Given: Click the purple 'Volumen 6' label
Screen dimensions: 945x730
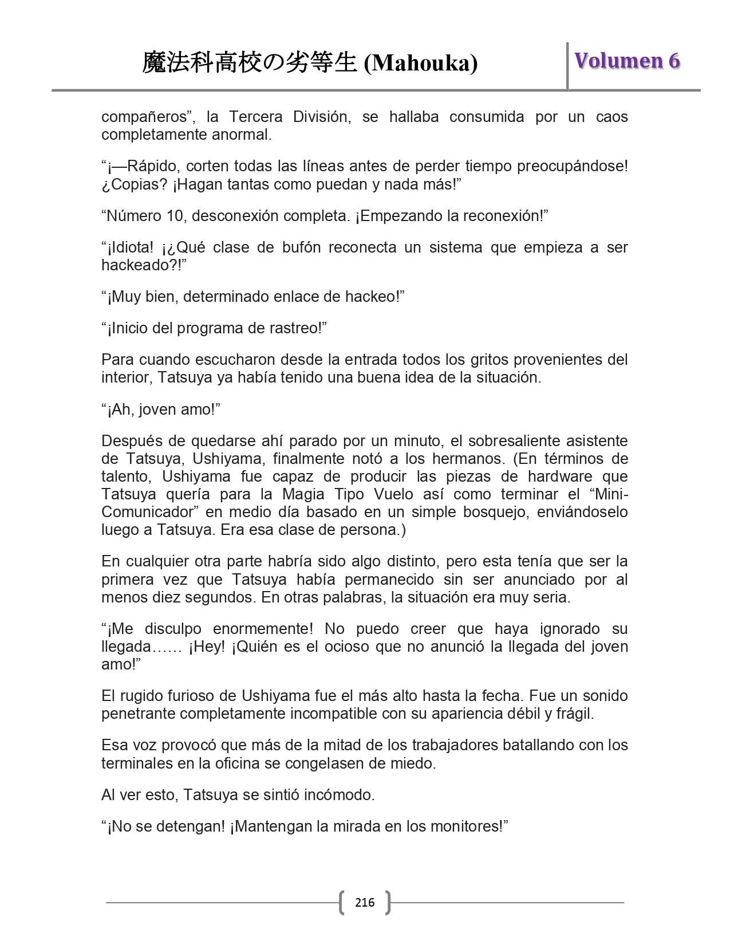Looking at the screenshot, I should [x=627, y=61].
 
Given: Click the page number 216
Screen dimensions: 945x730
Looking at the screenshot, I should [x=365, y=903].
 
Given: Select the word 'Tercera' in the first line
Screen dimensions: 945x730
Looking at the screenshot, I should [x=256, y=117].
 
